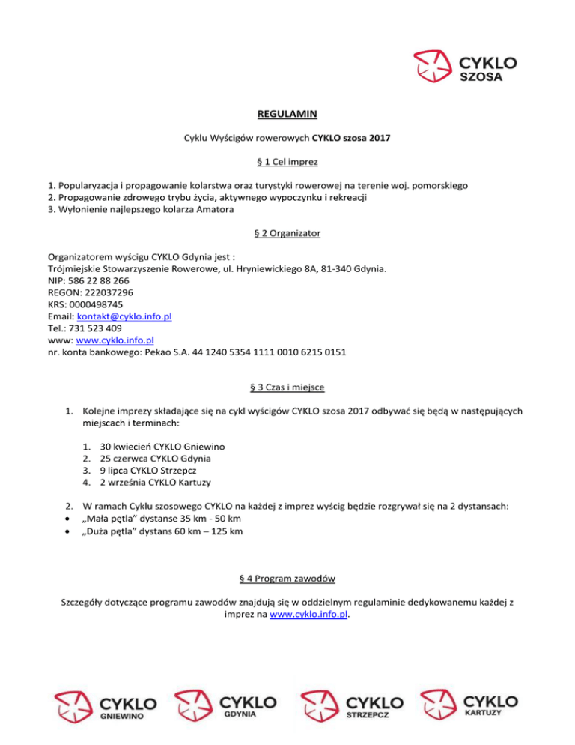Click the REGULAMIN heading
pos(287,115)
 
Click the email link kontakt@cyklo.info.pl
pos(125,316)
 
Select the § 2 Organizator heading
pos(287,234)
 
